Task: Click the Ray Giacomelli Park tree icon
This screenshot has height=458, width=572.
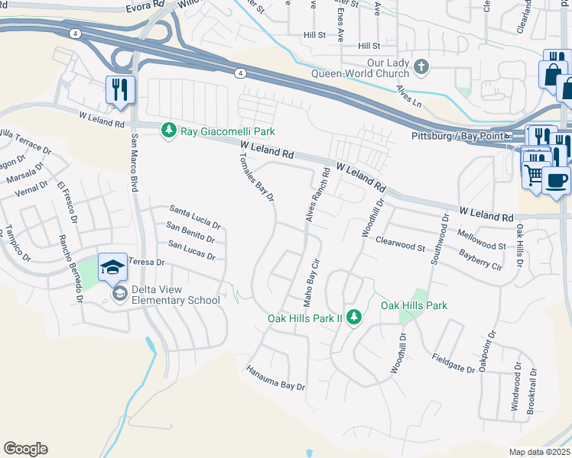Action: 170,131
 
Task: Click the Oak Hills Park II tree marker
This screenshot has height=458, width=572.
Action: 353,316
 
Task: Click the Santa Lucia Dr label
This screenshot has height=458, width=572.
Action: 195,217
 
